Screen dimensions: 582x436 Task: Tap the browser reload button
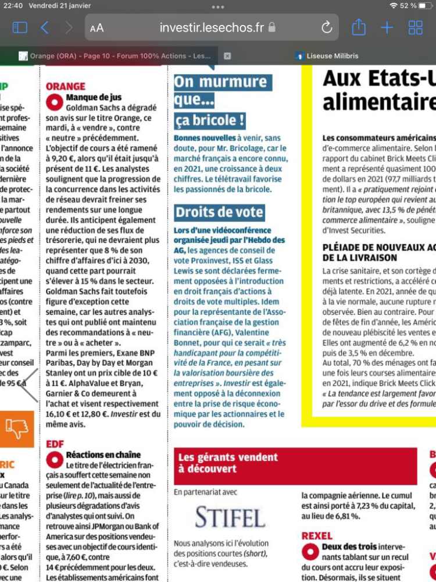(x=327, y=27)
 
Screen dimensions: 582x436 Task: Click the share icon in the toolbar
(x=359, y=27)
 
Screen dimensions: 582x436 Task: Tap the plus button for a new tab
(x=387, y=27)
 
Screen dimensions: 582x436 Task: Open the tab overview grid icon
(x=416, y=27)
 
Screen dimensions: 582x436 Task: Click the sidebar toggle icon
(x=20, y=27)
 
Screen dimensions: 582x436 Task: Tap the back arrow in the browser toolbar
(x=45, y=27)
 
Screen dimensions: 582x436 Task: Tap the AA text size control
(x=97, y=28)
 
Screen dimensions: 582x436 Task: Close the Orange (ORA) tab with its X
(x=227, y=56)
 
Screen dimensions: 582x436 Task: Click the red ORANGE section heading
(x=65, y=87)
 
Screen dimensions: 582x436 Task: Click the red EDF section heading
(x=55, y=444)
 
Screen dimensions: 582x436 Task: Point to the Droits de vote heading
(x=220, y=212)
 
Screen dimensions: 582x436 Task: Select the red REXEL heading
(x=317, y=535)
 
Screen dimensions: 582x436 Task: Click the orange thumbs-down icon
(x=17, y=429)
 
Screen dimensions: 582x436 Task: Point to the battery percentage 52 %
(x=408, y=5)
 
